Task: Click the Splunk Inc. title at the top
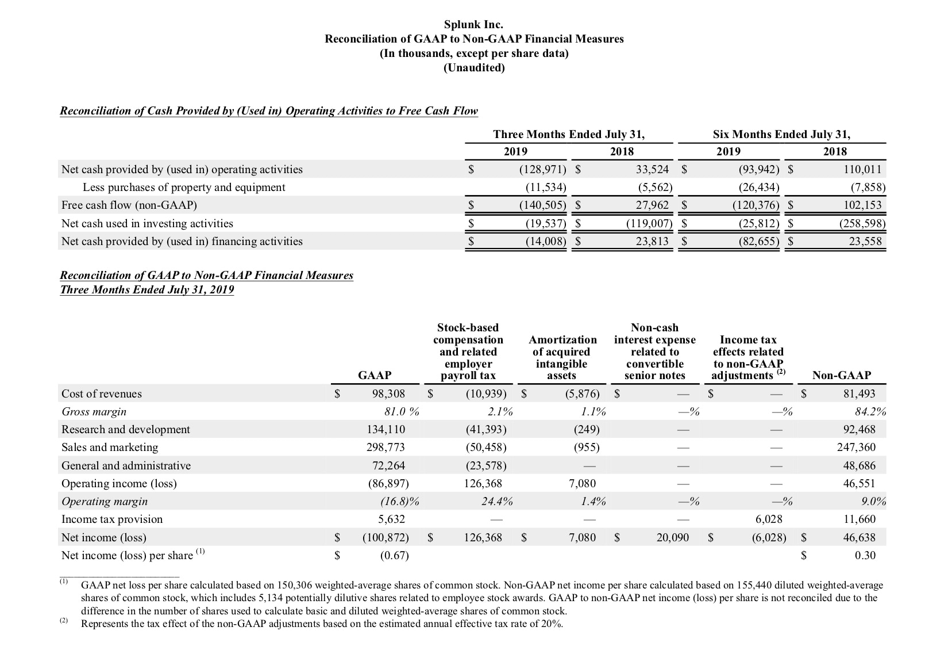coord(474,24)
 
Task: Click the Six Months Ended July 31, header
coord(781,135)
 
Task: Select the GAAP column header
coord(375,376)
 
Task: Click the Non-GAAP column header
coord(842,376)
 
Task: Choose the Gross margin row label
coord(94,412)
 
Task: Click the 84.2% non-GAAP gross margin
coord(870,412)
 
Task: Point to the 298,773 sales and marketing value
coord(386,448)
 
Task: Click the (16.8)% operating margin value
coord(399,502)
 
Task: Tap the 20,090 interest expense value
coord(672,538)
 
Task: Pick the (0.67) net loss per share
coord(394,556)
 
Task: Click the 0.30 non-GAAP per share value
coord(865,556)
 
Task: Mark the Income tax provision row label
coord(112,519)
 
